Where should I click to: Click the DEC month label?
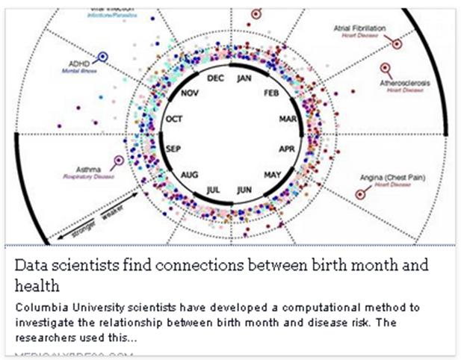point(215,78)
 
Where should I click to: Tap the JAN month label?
point(244,78)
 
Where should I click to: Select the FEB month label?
point(271,93)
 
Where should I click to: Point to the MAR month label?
point(287,120)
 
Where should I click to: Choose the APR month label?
point(287,149)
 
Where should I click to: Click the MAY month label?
point(272,175)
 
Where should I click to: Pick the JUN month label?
point(244,190)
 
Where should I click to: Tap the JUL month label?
point(215,190)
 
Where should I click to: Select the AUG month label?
point(189,175)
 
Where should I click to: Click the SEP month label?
point(173,149)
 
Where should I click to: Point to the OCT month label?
point(173,120)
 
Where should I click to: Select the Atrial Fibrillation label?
point(359,29)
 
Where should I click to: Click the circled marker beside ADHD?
point(102,57)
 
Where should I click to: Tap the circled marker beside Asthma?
point(117,160)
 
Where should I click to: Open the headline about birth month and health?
point(221,275)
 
